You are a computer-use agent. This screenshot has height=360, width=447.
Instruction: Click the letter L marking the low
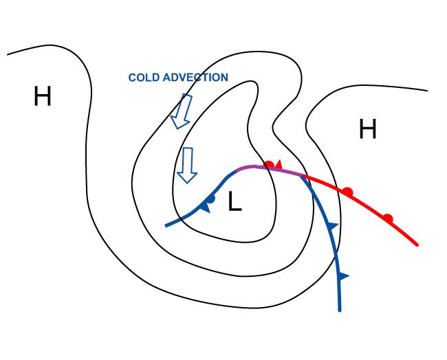pos(235,203)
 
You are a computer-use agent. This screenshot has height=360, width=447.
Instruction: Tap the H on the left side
pos(43,97)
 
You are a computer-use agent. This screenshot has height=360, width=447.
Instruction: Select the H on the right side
pos(368,129)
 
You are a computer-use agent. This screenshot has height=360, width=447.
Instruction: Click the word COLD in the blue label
pos(144,78)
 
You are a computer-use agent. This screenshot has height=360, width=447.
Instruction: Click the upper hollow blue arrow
pos(182,111)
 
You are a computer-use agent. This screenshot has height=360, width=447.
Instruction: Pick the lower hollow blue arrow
pos(187,166)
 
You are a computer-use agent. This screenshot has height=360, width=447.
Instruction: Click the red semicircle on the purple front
pos(270,165)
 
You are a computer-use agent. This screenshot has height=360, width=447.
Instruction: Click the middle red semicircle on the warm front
pos(348,192)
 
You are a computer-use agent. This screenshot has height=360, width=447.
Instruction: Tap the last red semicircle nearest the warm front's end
pos(388,218)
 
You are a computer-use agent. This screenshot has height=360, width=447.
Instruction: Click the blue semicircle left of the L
pos(211,199)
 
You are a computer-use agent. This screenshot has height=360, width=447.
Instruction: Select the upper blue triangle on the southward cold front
pos(333,225)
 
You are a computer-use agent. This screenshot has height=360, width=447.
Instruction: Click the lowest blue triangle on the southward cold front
pos(342,276)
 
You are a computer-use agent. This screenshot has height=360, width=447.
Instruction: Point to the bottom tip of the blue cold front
pos(340,311)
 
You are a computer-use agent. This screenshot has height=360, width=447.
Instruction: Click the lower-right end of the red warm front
pos(417,244)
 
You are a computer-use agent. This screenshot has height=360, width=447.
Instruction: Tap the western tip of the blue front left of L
pos(166,225)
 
